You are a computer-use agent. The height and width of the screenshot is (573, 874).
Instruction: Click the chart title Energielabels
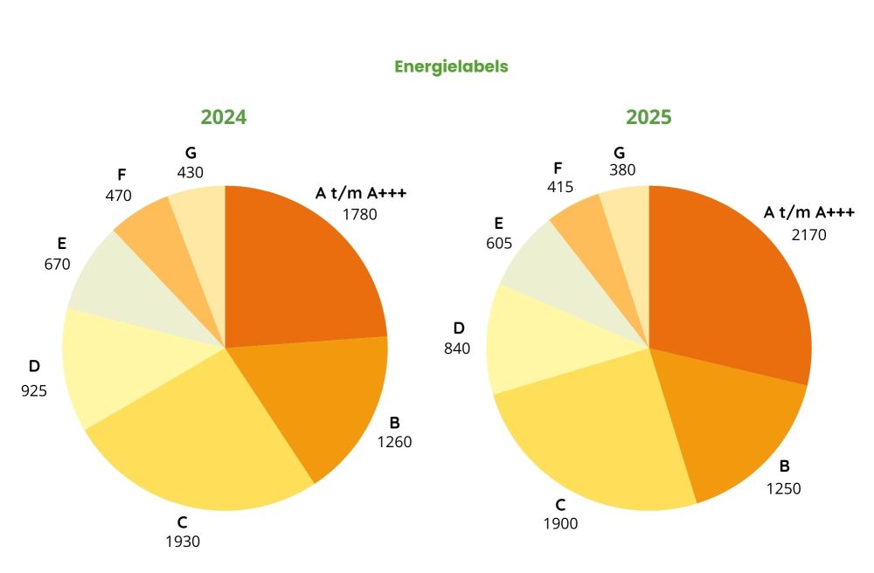[x=451, y=66]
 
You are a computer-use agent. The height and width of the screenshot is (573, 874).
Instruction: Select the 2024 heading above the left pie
[x=224, y=117]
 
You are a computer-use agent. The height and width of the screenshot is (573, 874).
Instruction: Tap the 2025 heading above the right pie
[x=649, y=117]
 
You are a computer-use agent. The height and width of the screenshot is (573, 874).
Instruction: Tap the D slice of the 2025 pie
[x=542, y=341]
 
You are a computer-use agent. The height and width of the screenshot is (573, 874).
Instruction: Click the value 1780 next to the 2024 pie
[x=359, y=213]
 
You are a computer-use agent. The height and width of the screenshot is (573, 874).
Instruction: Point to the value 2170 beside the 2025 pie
[x=808, y=234]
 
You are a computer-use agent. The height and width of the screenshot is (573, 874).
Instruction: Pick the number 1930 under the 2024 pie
[x=183, y=542]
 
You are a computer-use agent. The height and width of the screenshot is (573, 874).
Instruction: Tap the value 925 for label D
[x=34, y=390]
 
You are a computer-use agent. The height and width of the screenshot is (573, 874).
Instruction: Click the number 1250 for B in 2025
[x=784, y=488]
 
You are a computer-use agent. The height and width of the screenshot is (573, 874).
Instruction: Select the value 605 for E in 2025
[x=499, y=244]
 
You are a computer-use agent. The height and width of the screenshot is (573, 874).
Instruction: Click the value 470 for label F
[x=118, y=196]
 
